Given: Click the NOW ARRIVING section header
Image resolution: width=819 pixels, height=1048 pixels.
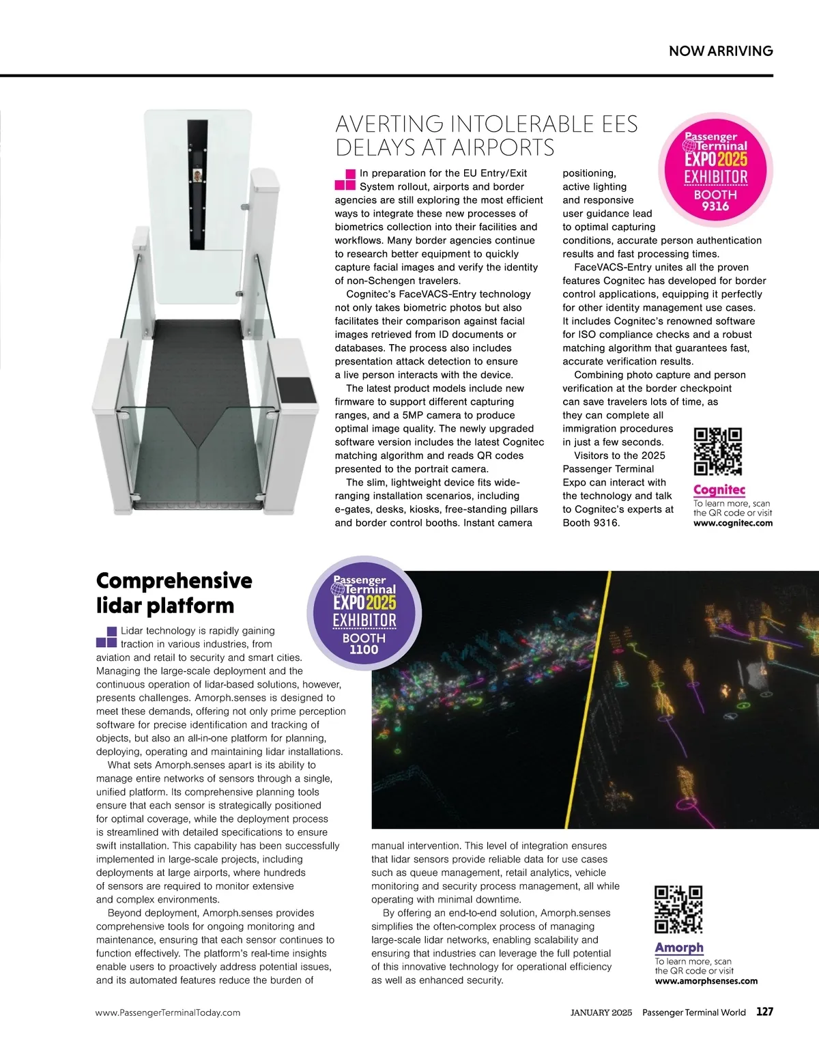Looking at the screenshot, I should pos(721,51).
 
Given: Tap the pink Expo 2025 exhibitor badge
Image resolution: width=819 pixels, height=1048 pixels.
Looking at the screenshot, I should pos(715,170).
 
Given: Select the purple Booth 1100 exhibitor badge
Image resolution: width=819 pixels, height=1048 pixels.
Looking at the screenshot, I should pos(364,613).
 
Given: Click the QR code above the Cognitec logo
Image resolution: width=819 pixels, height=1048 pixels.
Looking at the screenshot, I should pos(717,451).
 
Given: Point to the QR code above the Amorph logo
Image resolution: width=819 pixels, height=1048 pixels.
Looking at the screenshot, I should pos(678,909).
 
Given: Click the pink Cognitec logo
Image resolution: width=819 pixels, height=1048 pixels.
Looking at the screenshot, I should pos(719,490).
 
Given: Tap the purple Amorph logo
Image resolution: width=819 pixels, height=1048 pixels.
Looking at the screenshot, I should pos(679,948).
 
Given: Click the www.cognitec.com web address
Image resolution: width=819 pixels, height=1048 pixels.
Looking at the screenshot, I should pos(733,523).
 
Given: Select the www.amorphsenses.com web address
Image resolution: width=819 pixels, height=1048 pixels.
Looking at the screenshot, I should pos(706,981).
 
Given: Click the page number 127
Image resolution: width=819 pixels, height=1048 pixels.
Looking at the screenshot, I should pos(764,1012).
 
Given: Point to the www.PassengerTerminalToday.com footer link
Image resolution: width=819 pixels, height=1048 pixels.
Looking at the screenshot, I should pos(168,1012).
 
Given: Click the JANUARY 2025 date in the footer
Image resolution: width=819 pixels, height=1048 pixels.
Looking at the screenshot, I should pos(601,1012).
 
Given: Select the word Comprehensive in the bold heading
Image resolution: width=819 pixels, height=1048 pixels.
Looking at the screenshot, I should pos(174,580).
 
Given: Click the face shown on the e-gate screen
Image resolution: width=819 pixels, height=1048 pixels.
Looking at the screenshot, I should pos(197,176).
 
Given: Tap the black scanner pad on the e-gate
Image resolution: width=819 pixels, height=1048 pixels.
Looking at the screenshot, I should pos(296,390).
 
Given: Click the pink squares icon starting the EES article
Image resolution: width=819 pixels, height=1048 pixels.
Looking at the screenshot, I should pos(345,180).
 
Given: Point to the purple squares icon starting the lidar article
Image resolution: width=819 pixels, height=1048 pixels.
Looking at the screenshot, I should pos(106,637).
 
